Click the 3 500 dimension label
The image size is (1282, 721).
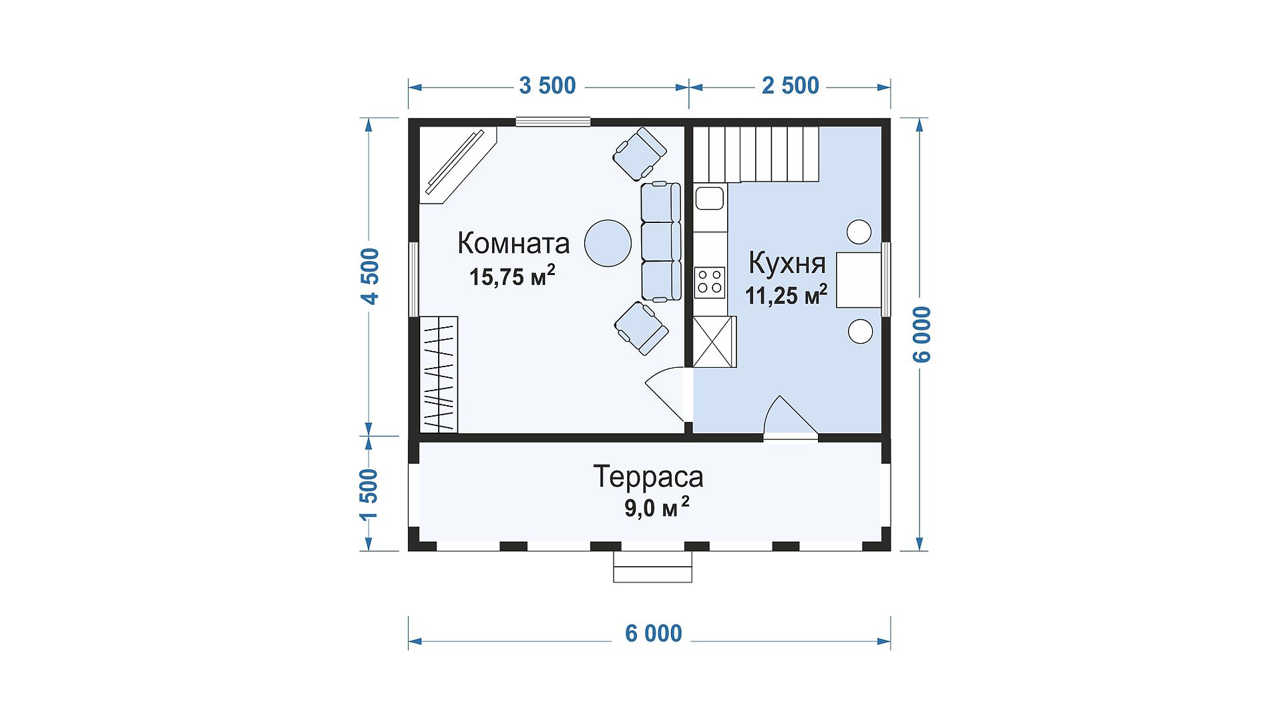(x=548, y=86)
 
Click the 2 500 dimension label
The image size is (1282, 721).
(x=791, y=86)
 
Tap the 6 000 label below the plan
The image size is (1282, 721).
(x=654, y=633)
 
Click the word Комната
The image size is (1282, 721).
(x=513, y=244)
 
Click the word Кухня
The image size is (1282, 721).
(x=787, y=263)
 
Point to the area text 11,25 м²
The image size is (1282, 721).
(x=787, y=294)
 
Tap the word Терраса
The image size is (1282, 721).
(x=648, y=477)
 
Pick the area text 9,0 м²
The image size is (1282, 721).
(x=656, y=509)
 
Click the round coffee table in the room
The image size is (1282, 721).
(x=608, y=243)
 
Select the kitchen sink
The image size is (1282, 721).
(x=710, y=198)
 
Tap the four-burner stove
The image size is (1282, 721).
(x=710, y=282)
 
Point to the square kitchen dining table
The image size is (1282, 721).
(x=859, y=280)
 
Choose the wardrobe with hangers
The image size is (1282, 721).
(x=439, y=375)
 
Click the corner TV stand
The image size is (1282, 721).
(x=457, y=164)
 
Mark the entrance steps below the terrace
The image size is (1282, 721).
(x=652, y=567)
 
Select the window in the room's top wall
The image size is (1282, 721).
(x=553, y=122)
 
